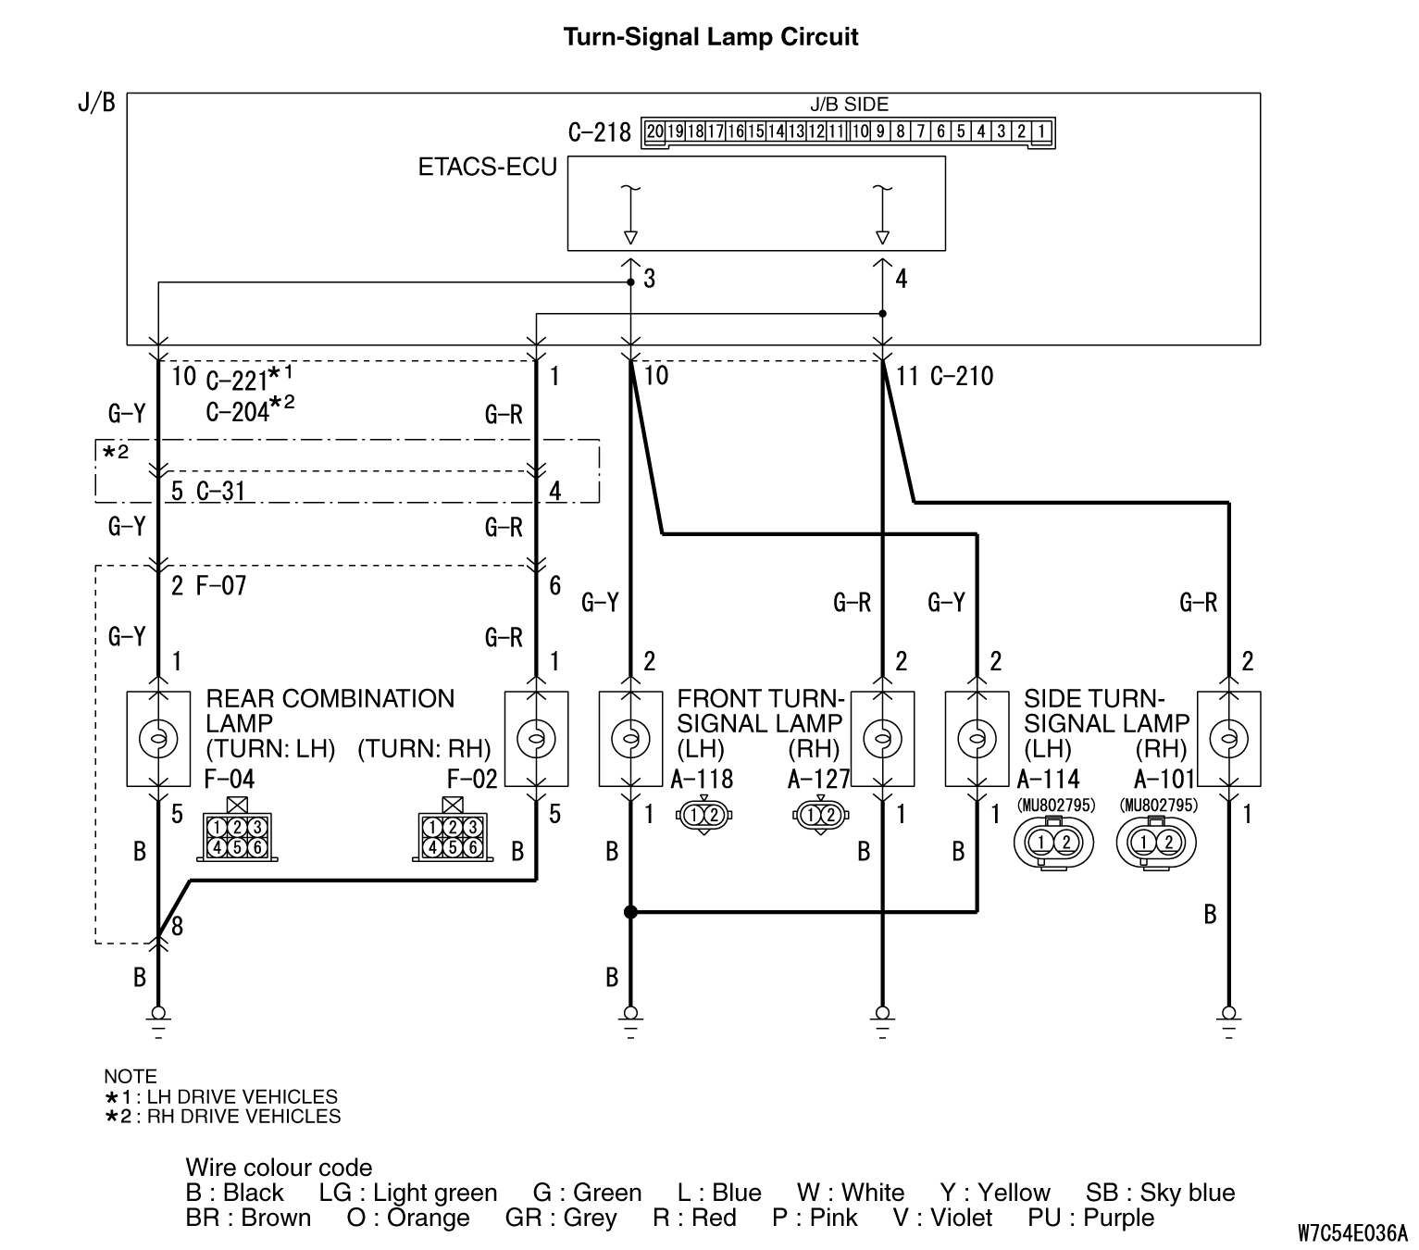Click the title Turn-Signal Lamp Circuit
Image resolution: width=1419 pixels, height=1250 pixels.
pos(710,37)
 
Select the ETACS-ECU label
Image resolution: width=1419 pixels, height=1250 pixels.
pos(487,168)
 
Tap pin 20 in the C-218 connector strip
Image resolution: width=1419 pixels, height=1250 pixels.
pos(655,131)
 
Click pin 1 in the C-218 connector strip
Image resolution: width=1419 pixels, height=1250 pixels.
pos(1042,131)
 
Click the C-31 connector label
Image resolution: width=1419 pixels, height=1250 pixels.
pos(220,491)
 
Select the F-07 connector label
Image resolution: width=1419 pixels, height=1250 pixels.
pos(221,585)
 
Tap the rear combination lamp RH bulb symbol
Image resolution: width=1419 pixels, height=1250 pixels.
pos(535,737)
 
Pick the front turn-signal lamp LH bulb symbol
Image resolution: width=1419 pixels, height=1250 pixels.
pos(630,737)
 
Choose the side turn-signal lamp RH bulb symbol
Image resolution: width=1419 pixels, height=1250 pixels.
pos(1228,737)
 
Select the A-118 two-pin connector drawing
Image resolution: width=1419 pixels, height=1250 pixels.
pos(705,815)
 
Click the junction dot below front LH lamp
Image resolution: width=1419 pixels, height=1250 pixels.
pos(630,912)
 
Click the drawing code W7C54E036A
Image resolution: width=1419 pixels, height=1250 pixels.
pos(1351,1232)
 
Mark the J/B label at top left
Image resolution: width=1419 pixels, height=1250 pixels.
pos(96,102)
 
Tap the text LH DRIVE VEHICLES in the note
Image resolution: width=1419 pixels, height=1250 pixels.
pos(243,1097)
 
